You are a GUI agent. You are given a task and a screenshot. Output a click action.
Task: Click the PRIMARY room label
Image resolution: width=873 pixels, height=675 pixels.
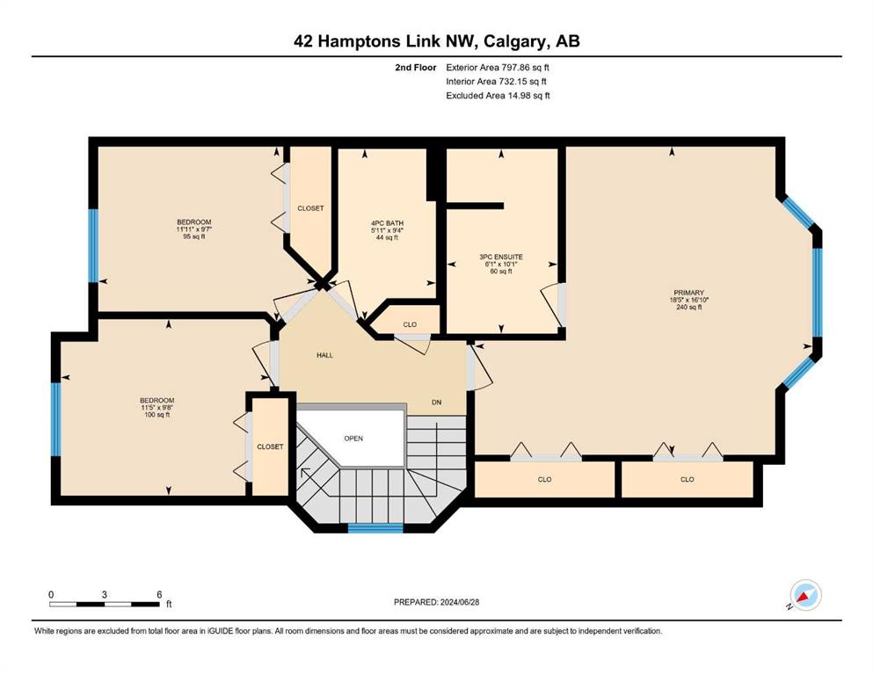[688, 293]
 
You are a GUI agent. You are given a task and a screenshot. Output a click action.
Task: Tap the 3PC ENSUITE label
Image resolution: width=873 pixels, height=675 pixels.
[501, 258]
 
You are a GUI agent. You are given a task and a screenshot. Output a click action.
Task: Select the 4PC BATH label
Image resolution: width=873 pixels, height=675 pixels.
[387, 223]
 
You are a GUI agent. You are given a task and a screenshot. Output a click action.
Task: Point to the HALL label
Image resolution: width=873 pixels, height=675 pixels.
[324, 355]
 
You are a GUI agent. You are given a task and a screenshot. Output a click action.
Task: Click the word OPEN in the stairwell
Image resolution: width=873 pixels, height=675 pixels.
[353, 439]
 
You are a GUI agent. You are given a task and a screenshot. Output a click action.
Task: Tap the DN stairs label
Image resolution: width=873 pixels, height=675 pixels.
[436, 402]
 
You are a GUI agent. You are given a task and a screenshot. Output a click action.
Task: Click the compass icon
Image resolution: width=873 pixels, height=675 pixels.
[805, 595]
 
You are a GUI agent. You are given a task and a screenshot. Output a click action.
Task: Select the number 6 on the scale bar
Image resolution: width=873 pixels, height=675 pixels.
[159, 594]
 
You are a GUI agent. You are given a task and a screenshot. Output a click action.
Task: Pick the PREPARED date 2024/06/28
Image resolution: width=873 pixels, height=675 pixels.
[459, 602]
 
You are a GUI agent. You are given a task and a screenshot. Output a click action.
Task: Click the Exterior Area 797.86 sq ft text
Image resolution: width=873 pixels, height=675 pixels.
[498, 68]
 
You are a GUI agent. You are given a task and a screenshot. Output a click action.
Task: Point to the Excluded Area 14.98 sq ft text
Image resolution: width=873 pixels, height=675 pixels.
[498, 95]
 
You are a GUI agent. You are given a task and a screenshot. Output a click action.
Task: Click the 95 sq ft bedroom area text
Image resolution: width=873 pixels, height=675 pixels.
[193, 236]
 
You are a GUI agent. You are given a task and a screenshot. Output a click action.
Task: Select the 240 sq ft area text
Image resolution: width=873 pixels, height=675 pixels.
[688, 307]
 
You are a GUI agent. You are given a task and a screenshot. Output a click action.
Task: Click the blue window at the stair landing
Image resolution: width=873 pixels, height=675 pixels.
[375, 528]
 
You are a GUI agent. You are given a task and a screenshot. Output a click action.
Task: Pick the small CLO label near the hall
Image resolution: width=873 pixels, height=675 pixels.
[410, 324]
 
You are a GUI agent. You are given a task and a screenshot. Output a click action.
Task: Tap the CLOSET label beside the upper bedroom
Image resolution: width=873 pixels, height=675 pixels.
[310, 208]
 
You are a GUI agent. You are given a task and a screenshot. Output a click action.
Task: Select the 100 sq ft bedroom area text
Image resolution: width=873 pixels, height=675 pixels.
[157, 415]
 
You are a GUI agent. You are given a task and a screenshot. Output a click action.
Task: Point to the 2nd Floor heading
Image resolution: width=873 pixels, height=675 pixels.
[415, 68]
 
